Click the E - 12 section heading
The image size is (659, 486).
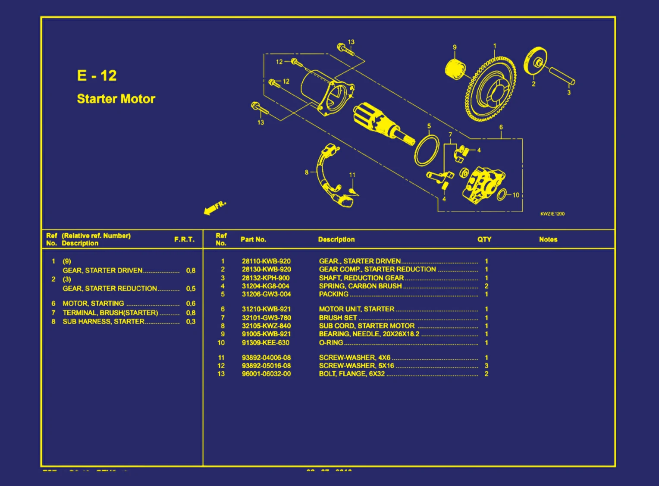[x=97, y=75]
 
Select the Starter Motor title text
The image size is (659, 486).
[x=116, y=99]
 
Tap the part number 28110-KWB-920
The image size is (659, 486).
[x=266, y=261]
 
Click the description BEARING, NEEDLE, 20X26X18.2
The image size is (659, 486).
[x=369, y=334]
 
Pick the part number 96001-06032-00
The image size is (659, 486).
[x=266, y=373]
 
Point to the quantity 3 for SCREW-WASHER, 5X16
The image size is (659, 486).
[x=486, y=365]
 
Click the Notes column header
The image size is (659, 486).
[x=548, y=239]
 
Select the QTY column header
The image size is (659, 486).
[x=484, y=239]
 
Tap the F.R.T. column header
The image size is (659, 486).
[x=184, y=239]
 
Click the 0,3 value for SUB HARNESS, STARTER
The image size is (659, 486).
[x=191, y=321]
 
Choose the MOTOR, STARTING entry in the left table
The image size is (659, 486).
[x=93, y=303]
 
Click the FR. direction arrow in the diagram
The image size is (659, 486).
[x=214, y=207]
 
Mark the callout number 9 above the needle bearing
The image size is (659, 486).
[x=454, y=47]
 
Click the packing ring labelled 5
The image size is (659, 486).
[x=426, y=150]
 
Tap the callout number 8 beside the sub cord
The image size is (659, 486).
[x=307, y=172]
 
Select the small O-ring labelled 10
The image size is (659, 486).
[x=502, y=195]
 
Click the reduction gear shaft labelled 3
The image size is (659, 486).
[x=562, y=76]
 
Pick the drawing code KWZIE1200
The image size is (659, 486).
[x=552, y=214]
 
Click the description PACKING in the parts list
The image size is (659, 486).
[x=333, y=294]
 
